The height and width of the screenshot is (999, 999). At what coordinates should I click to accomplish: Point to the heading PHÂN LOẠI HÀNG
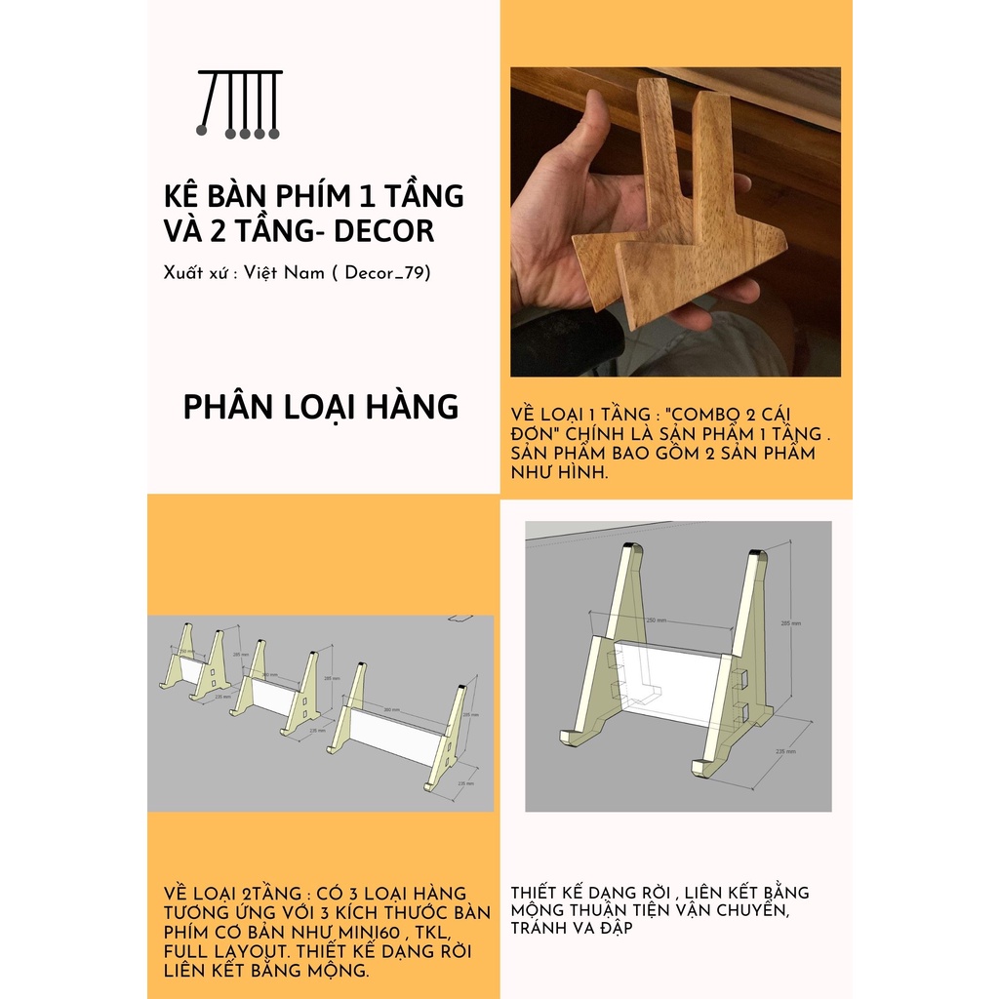point(320,407)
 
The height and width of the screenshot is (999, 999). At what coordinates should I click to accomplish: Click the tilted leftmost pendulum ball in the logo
point(202,129)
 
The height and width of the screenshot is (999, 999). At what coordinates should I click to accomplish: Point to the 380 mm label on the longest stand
point(391,709)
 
